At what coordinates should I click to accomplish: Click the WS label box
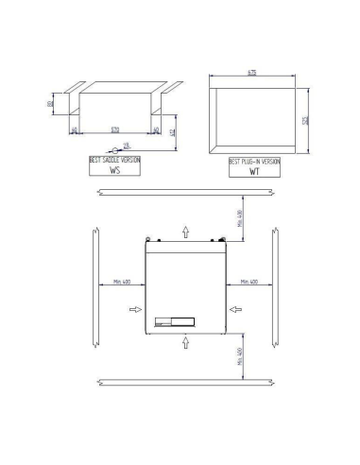click(x=115, y=171)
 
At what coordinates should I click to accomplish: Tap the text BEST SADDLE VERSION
click(x=115, y=161)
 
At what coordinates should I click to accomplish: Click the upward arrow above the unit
click(x=186, y=231)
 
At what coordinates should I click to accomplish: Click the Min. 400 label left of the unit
click(x=119, y=282)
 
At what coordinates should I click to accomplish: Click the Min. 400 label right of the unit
click(x=251, y=282)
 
